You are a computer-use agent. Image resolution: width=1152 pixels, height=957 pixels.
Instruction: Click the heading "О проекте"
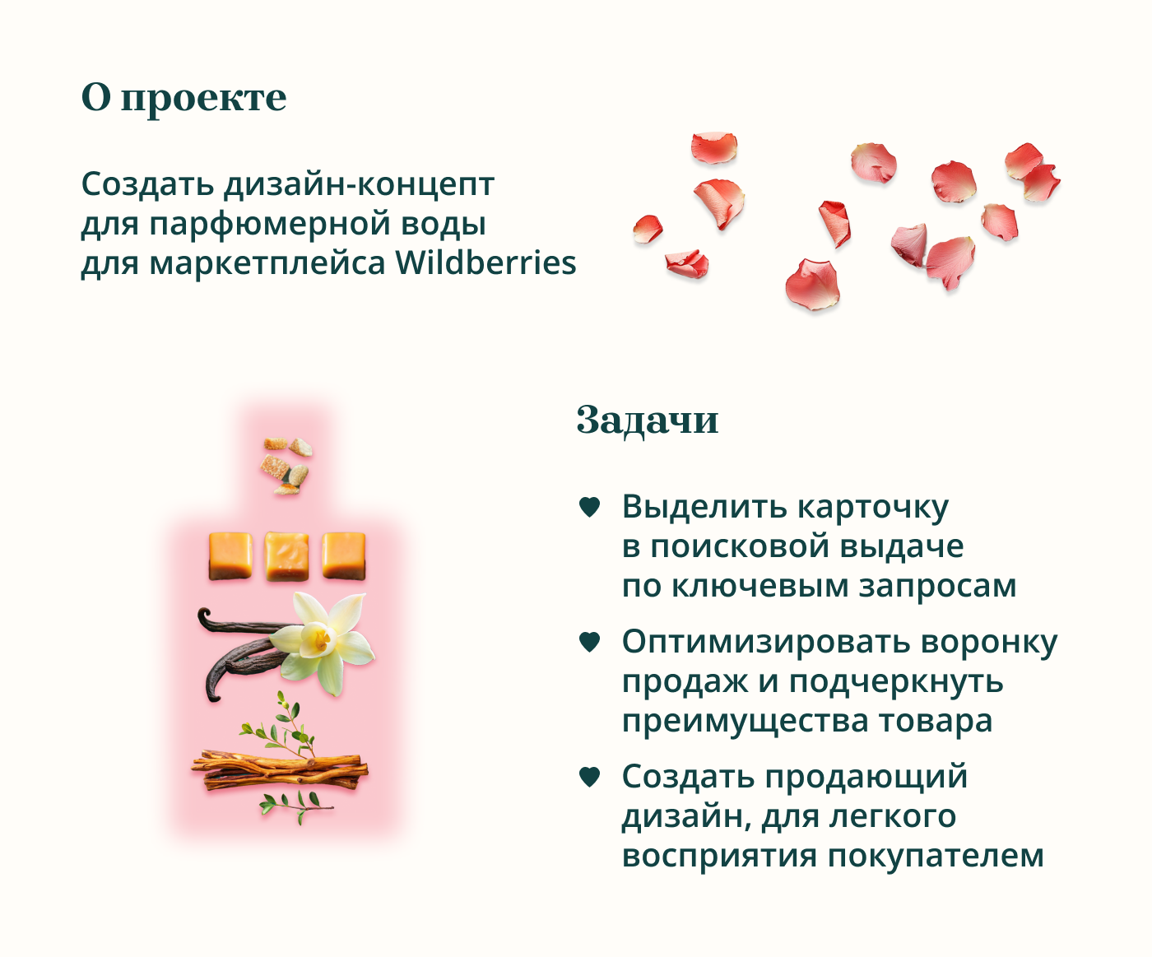[x=183, y=99]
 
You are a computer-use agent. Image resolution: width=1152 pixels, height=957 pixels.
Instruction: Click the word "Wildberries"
[x=485, y=263]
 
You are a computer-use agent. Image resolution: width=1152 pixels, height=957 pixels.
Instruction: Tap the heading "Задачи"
[x=648, y=420]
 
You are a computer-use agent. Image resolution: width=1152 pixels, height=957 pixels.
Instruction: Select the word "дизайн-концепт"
[x=359, y=184]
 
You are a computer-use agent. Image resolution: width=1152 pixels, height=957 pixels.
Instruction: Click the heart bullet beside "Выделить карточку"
[x=589, y=507]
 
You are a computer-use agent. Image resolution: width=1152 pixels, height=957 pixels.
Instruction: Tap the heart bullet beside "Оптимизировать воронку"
[x=589, y=642]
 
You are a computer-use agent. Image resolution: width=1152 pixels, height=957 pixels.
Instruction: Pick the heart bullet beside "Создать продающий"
[x=589, y=777]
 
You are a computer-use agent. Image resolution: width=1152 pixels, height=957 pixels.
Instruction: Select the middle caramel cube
[x=286, y=556]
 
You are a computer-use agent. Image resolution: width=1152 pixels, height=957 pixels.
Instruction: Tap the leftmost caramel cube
[x=230, y=556]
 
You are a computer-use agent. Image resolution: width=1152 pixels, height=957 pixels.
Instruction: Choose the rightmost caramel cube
[x=344, y=556]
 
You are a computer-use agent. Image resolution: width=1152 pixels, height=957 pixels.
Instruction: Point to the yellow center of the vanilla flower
[x=319, y=639]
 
